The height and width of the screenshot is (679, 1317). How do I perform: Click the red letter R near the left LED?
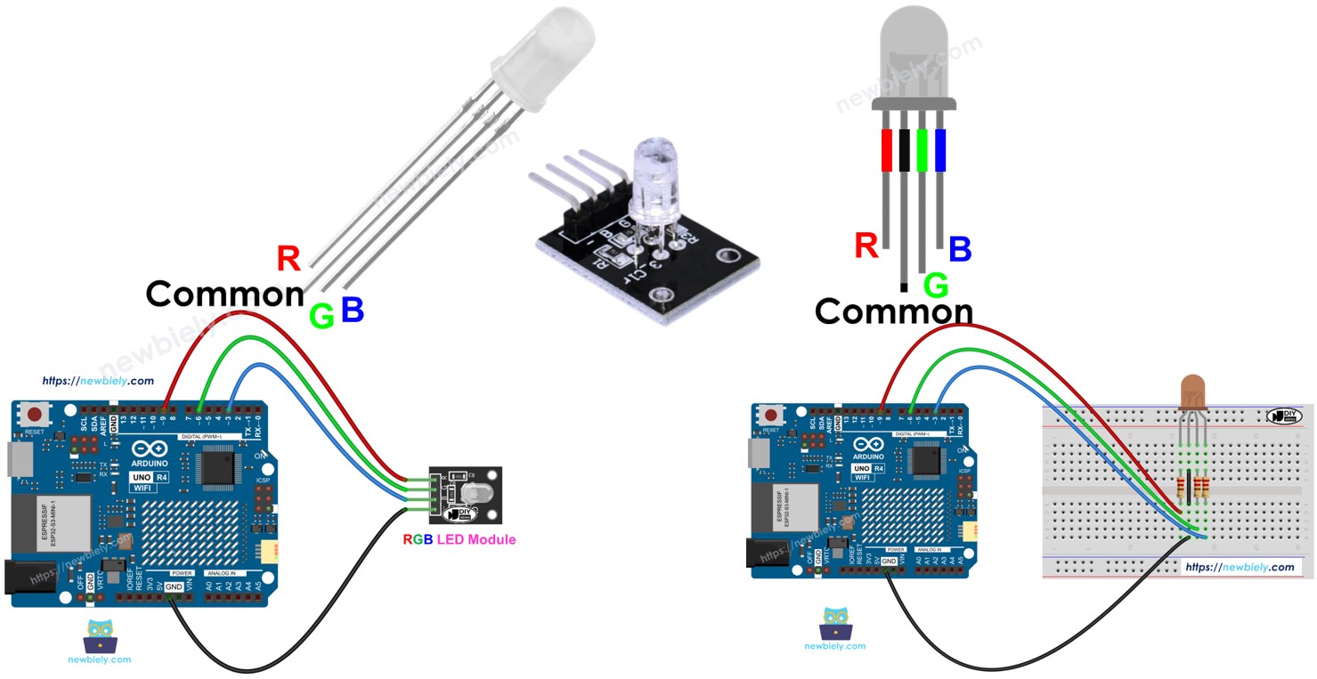click(288, 259)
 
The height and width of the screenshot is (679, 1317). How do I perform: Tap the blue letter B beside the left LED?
click(352, 309)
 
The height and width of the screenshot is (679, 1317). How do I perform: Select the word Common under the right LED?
click(893, 311)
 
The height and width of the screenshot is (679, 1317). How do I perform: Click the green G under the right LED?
click(936, 286)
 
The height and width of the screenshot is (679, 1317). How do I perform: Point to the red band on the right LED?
click(886, 150)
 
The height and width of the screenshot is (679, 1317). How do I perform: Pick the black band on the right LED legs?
click(905, 150)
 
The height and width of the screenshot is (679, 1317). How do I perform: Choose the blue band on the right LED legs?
click(939, 150)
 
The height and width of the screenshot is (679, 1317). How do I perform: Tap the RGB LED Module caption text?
click(459, 539)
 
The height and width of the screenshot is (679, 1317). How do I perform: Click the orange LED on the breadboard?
click(1192, 392)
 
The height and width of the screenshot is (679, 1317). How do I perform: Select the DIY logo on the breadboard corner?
click(1283, 416)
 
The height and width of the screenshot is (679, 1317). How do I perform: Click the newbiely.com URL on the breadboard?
click(1239, 567)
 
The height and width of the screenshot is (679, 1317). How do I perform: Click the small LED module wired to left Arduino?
click(464, 494)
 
